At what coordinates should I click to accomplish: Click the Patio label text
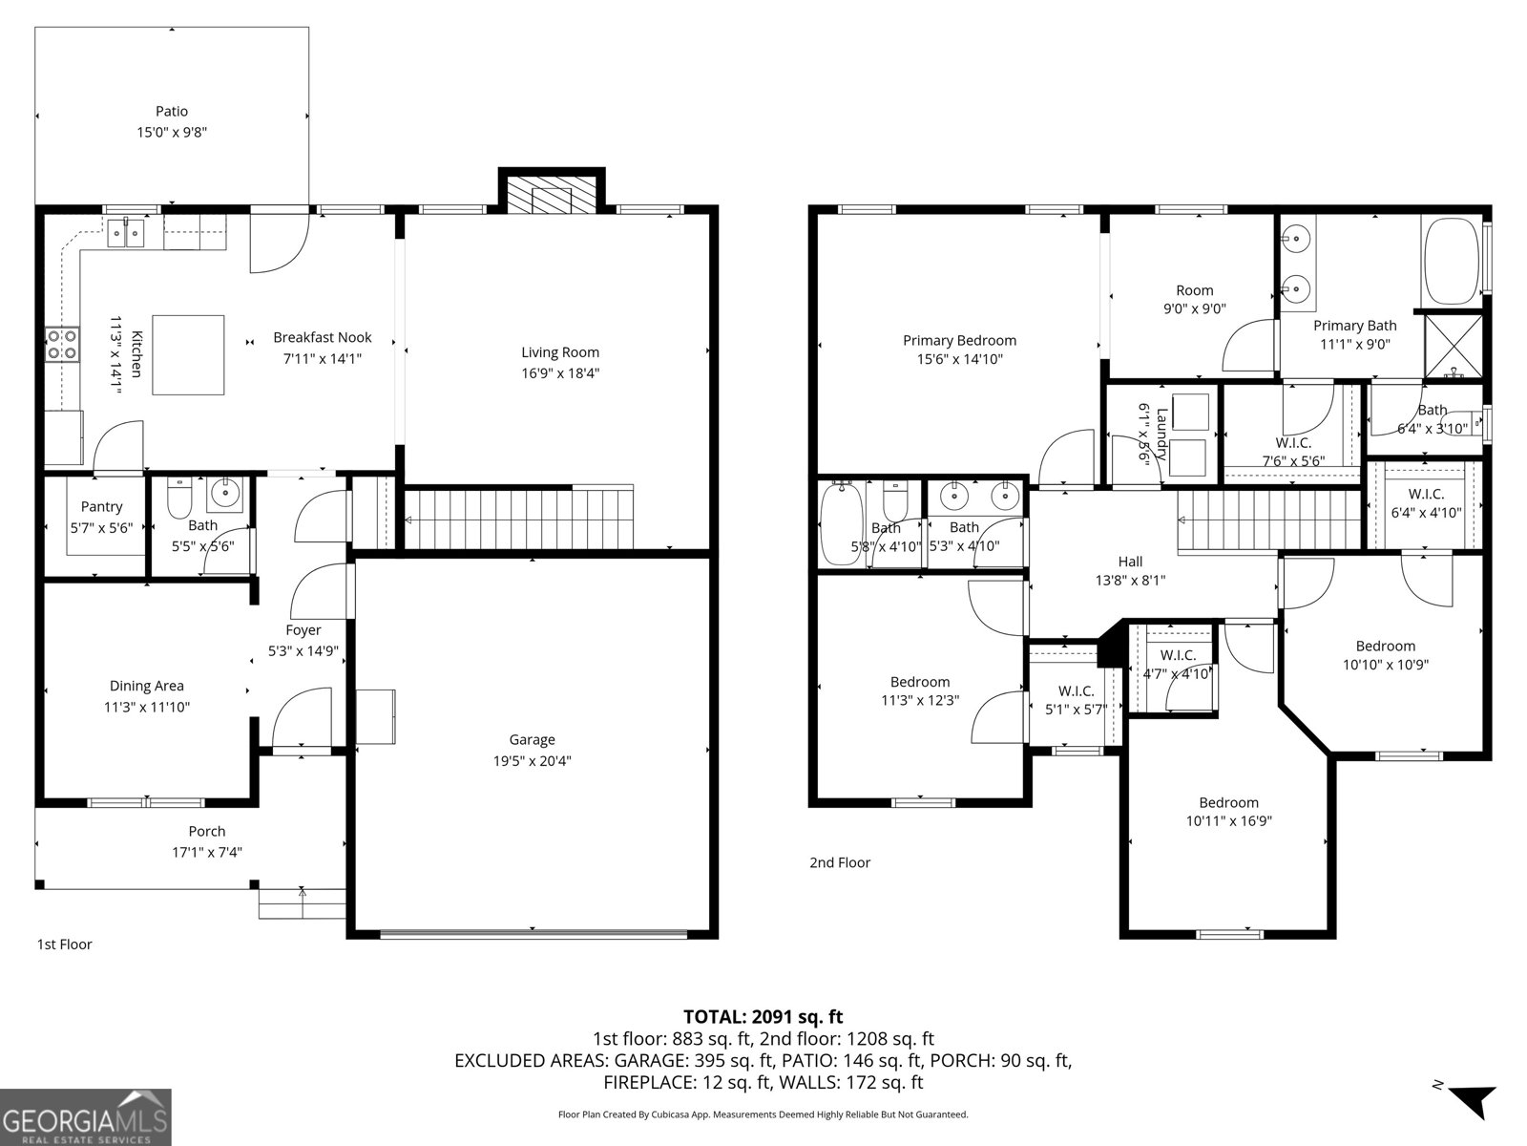click(x=172, y=112)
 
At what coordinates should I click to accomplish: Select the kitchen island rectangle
click(x=189, y=354)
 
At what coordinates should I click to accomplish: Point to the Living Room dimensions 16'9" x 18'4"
click(x=560, y=373)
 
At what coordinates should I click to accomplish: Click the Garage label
click(x=532, y=739)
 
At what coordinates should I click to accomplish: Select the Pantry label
click(x=101, y=507)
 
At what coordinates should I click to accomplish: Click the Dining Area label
click(x=146, y=686)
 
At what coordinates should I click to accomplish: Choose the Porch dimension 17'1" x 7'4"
click(x=207, y=852)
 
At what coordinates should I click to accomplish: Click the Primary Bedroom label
click(x=959, y=340)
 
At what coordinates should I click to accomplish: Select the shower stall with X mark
click(x=1454, y=345)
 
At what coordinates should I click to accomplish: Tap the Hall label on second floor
click(x=1130, y=562)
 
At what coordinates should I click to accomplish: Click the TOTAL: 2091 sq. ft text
click(x=763, y=1017)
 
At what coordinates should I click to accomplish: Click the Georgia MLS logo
click(x=86, y=1117)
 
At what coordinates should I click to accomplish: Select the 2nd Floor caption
click(x=840, y=862)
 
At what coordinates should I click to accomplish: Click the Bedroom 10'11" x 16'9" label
click(x=1228, y=802)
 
